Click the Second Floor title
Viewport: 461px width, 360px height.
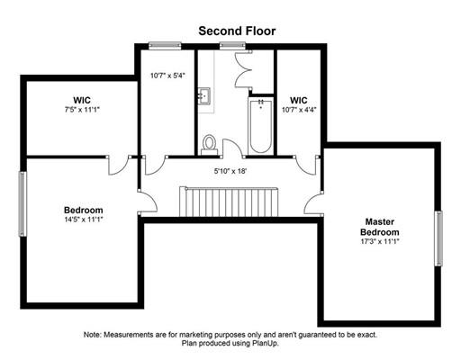click(x=237, y=31)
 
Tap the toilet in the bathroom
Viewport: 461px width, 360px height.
click(x=209, y=145)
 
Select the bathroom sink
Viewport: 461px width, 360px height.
click(x=204, y=96)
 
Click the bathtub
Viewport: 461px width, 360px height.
click(x=260, y=126)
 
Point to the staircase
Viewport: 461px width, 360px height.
click(x=229, y=202)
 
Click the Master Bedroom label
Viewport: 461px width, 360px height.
click(x=380, y=227)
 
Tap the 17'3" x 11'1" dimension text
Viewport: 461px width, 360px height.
click(x=380, y=241)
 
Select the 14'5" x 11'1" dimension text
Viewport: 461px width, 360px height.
click(x=84, y=220)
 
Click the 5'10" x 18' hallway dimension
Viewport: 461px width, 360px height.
click(x=230, y=171)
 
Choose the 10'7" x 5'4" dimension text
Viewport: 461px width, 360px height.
click(x=167, y=76)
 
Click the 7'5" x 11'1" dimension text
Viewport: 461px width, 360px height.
click(x=82, y=110)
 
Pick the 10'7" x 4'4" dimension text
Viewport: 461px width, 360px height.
click(x=299, y=110)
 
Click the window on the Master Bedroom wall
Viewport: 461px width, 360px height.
click(x=438, y=238)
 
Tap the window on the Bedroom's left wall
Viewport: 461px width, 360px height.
click(x=23, y=203)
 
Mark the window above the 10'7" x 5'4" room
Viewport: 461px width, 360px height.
click(x=165, y=46)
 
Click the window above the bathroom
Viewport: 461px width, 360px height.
click(x=232, y=46)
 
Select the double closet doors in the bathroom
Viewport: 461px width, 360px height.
click(x=242, y=69)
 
